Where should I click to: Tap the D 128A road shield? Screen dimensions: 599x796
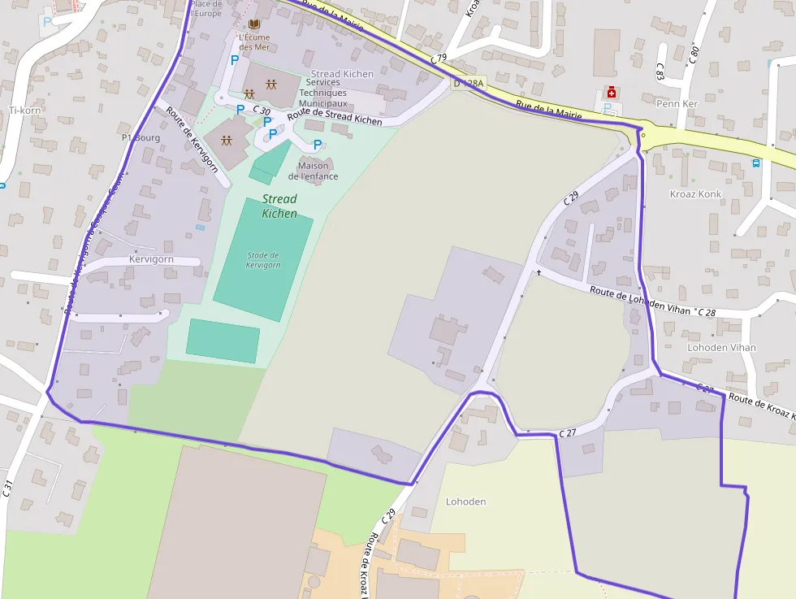pos(468,83)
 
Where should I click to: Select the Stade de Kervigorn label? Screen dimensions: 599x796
pos(262,260)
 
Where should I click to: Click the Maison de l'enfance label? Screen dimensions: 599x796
pos(314,171)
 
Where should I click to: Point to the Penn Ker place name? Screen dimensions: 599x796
pos(677,104)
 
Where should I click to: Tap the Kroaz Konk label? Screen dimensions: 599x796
pos(695,194)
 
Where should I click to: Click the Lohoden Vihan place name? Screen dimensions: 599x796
pos(721,347)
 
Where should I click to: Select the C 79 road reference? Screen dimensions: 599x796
pos(439,59)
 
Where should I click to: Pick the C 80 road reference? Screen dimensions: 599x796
pos(694,54)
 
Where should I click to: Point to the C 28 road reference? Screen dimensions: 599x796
pos(706,312)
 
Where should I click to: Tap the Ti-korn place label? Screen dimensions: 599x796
pos(24,110)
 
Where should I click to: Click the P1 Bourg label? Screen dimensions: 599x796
pos(141,137)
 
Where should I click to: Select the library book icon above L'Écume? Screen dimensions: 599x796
pos(253,24)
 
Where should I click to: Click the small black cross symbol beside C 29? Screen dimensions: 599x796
pos(539,271)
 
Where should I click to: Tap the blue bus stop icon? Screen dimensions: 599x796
pos(756,163)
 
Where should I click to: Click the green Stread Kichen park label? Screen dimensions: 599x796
pos(279,206)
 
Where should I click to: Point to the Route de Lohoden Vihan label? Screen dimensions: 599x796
pos(640,301)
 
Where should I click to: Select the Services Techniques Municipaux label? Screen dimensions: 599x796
pos(323,93)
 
